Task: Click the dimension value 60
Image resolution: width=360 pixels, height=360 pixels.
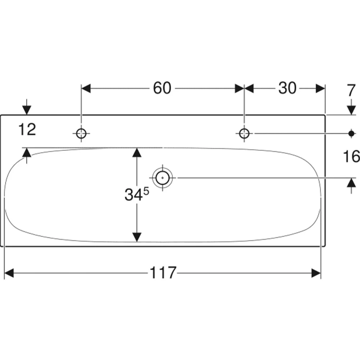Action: (x=162, y=88)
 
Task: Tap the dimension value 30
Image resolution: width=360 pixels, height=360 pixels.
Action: (x=287, y=88)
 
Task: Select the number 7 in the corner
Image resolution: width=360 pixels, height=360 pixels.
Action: (x=351, y=90)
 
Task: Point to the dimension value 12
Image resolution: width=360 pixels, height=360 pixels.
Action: (x=27, y=130)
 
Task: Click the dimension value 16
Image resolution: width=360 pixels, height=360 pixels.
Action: (x=351, y=157)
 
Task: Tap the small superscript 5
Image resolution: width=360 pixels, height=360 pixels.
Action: (x=146, y=191)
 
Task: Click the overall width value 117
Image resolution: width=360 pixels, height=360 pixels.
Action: (x=163, y=273)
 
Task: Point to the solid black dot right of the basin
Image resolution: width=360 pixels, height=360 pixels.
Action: (x=351, y=133)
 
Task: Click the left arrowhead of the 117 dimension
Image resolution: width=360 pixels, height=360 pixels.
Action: (x=9, y=273)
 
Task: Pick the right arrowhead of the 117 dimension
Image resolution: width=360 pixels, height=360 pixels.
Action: (x=316, y=273)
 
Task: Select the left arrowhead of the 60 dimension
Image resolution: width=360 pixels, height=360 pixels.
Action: (x=86, y=89)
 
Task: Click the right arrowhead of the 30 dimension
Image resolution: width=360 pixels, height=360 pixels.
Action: (x=320, y=89)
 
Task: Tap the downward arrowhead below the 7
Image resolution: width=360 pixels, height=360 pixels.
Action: (x=351, y=110)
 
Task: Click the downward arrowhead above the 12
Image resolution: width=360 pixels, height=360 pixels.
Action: (x=27, y=110)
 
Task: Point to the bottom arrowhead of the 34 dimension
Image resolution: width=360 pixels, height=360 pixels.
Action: (x=137, y=237)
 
